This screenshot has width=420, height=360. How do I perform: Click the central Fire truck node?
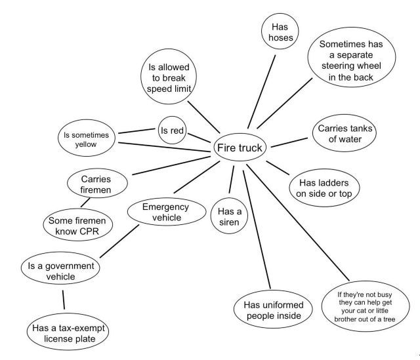tap(240, 148)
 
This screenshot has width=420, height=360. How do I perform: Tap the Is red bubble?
tap(172, 130)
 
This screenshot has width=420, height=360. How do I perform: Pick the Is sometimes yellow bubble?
tap(86, 139)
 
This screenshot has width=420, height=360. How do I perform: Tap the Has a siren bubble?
tap(230, 217)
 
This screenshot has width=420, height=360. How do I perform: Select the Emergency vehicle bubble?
tap(165, 212)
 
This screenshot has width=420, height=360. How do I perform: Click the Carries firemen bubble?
tap(96, 184)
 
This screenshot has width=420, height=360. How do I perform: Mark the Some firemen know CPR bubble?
tap(77, 227)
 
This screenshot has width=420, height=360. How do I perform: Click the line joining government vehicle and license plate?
tap(64, 300)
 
